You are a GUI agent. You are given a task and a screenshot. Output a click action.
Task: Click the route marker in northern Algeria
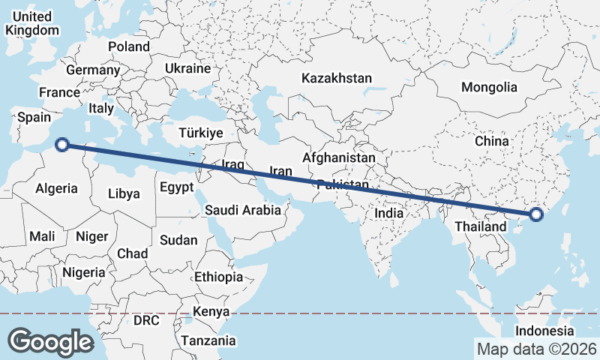point(64,145)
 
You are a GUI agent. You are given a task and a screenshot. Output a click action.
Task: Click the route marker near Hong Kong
point(535,215)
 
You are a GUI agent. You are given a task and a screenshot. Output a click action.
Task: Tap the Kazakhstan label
point(337,78)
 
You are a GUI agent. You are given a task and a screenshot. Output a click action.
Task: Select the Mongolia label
point(489,87)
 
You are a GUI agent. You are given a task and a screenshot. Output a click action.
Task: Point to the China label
point(491,140)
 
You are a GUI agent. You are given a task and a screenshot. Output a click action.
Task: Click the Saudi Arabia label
point(243,211)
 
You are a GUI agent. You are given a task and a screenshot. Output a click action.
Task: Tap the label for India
point(388,213)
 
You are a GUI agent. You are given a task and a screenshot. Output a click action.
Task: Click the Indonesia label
point(544,331)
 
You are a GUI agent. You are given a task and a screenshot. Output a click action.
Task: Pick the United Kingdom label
point(31,23)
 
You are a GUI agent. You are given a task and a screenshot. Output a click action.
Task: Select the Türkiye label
point(201,133)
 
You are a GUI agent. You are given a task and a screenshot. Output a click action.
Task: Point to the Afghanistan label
point(338,158)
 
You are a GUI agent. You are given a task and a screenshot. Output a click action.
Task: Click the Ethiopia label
point(218,277)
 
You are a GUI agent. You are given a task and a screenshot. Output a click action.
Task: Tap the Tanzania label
point(208,340)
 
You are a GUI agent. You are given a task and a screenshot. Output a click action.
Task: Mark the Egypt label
point(176,187)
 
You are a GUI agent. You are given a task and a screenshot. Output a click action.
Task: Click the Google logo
point(50,342)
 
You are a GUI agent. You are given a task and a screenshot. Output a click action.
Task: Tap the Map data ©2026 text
point(536,349)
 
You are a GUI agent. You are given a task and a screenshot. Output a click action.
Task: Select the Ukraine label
point(187,68)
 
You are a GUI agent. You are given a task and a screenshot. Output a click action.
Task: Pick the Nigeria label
point(83,272)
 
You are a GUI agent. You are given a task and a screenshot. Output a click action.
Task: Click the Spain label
point(34,117)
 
